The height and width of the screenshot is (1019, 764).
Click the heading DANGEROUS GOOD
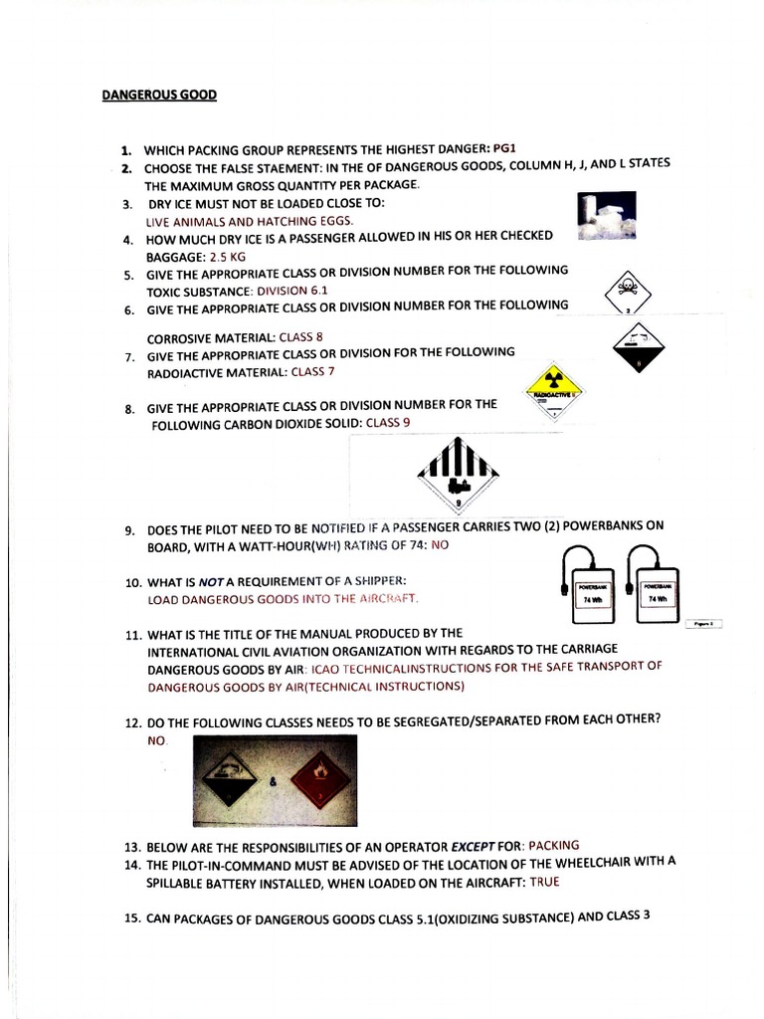[x=159, y=96]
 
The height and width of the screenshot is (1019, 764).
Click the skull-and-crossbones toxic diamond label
[x=628, y=292]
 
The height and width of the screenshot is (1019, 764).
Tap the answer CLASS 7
[x=313, y=371]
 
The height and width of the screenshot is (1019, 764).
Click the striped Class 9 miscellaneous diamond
[x=458, y=471]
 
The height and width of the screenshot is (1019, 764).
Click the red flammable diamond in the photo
[x=318, y=780]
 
